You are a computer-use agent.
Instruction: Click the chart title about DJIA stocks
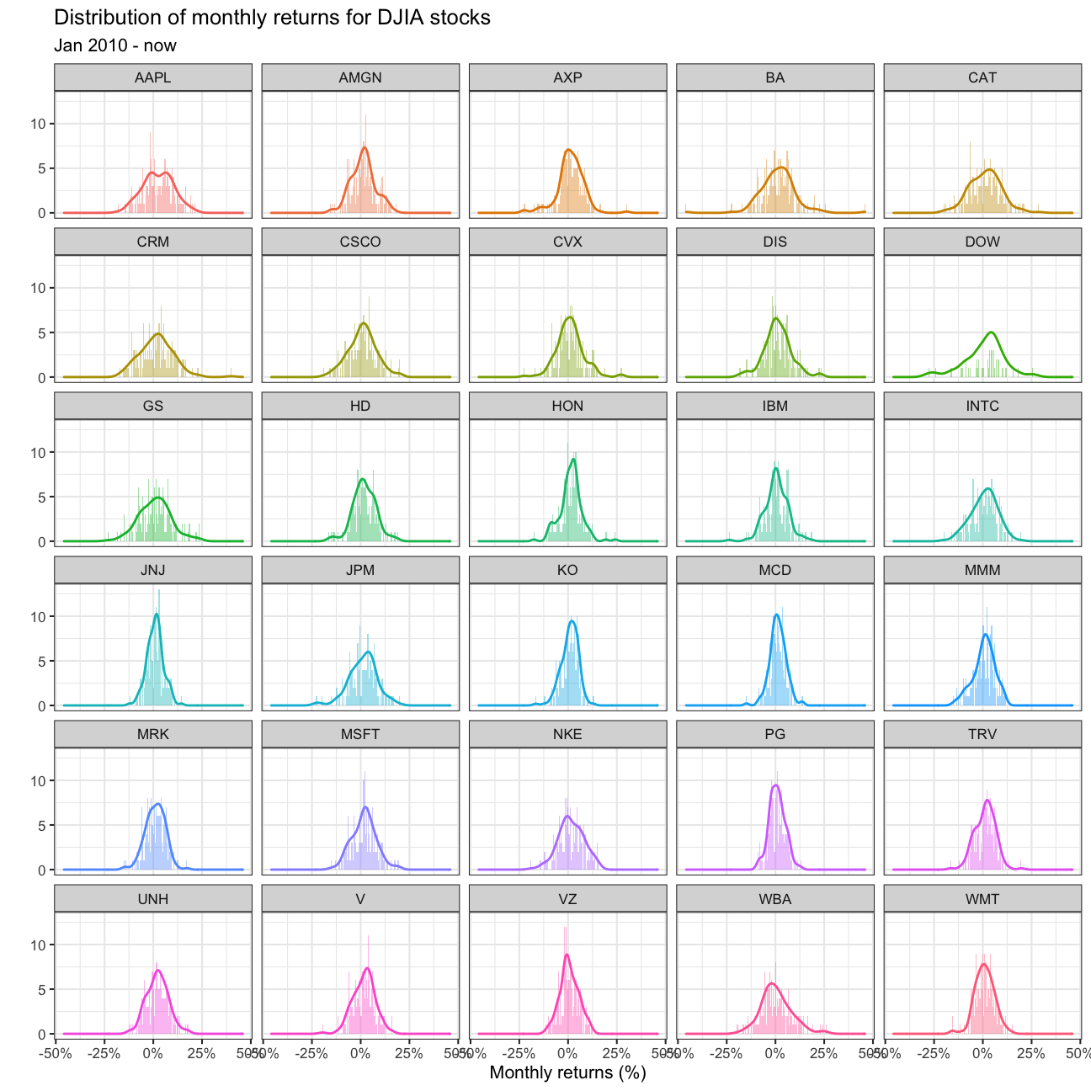[x=272, y=18]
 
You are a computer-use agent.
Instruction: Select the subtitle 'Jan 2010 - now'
[x=115, y=45]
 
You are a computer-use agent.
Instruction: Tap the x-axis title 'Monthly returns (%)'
[x=567, y=1072]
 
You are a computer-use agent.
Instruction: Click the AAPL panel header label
[x=152, y=77]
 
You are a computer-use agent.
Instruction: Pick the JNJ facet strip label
[x=152, y=570]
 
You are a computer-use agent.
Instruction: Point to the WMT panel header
[x=982, y=899]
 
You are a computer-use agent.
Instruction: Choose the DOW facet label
[x=982, y=242]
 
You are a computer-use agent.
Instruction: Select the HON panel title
[x=567, y=406]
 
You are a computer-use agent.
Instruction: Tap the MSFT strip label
[x=360, y=734]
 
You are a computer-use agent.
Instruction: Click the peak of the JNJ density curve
[x=156, y=614]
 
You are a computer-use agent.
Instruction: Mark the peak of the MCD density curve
[x=776, y=615]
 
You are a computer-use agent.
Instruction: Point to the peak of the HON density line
[x=573, y=459]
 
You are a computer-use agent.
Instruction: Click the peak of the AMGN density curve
[x=365, y=148]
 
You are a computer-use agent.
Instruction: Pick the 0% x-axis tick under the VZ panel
[x=567, y=1052]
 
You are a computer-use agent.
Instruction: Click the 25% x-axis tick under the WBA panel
[x=823, y=1052]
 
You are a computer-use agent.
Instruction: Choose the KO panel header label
[x=567, y=570]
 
